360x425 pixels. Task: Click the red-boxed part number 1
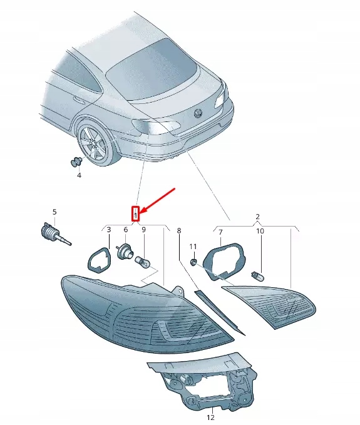(135, 214)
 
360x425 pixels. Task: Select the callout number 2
(257, 217)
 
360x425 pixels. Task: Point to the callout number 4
(79, 176)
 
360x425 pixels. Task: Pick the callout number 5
(54, 212)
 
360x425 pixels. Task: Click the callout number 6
(125, 230)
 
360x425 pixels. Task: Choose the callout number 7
(220, 232)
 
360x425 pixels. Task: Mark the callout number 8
(178, 231)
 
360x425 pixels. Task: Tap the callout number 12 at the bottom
(210, 417)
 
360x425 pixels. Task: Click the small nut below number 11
(193, 261)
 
